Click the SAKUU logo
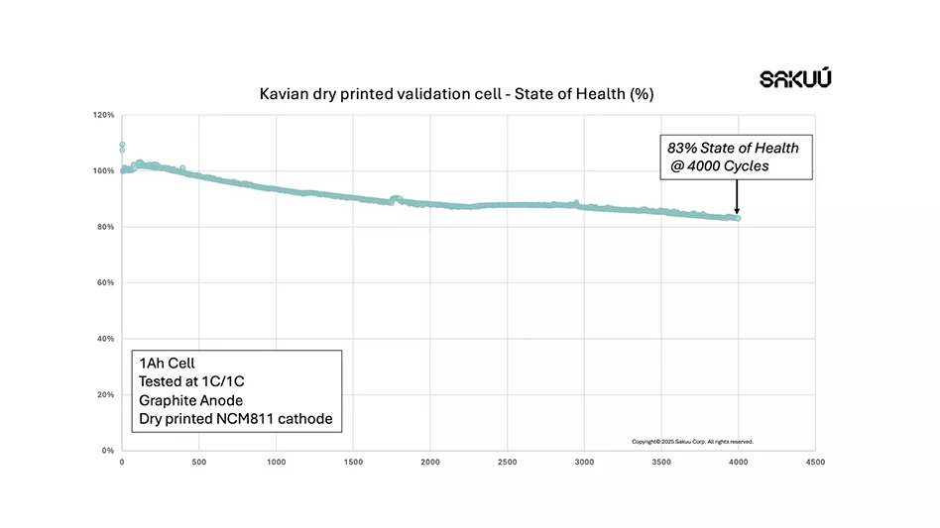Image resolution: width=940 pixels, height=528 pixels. (x=795, y=78)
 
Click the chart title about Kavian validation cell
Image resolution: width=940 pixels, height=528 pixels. (x=456, y=94)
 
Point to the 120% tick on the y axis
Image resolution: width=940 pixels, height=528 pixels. (x=104, y=115)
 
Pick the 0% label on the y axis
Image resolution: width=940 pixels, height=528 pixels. (x=108, y=451)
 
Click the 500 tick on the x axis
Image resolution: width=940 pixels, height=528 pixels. (x=198, y=462)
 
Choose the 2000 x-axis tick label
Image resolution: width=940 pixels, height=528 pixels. (x=430, y=462)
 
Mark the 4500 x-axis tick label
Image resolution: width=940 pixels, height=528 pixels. (x=815, y=462)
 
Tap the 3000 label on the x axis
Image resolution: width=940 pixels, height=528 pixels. (x=585, y=462)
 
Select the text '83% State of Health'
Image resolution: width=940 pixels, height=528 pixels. (x=733, y=148)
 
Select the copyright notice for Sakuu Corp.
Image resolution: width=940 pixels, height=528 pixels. (x=692, y=441)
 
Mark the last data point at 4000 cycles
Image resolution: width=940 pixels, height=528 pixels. (x=737, y=218)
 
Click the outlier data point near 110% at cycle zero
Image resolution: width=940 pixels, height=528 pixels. (x=122, y=146)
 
